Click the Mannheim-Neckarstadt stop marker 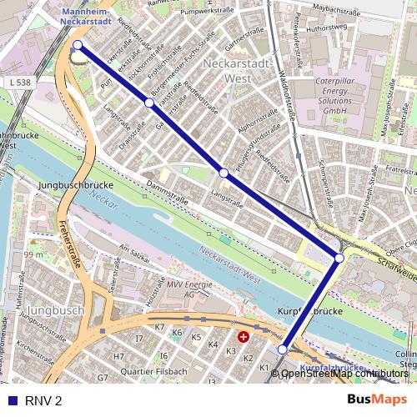[78, 45]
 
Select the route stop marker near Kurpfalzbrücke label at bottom [283, 349]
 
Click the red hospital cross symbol [243, 337]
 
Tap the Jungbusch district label [63, 310]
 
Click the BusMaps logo [378, 399]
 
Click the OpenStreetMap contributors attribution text [344, 374]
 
